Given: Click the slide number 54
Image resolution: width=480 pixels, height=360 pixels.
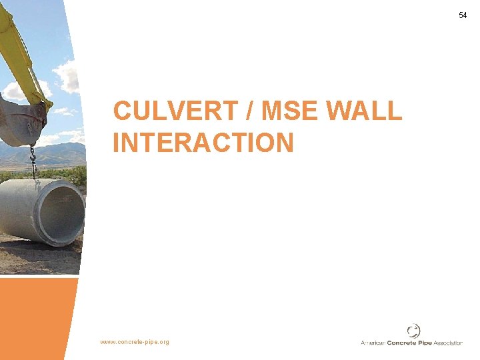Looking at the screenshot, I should [x=463, y=15].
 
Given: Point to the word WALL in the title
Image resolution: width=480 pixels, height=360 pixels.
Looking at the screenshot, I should [x=365, y=111].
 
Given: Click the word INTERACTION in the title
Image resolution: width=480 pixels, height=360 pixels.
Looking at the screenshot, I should [x=203, y=143].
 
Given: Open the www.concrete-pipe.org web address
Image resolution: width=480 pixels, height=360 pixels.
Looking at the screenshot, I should [x=135, y=342].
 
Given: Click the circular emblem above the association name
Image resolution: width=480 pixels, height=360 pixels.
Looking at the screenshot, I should [x=414, y=331].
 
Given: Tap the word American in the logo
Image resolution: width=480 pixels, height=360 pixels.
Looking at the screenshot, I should [x=373, y=343].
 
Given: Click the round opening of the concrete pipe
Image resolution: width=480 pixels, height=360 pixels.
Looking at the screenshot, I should [x=63, y=213].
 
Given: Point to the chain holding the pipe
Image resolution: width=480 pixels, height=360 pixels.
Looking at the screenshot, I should [x=31, y=160].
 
